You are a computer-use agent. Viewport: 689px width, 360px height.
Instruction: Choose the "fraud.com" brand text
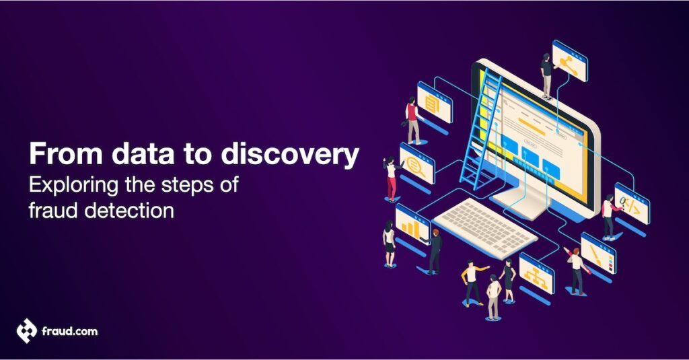point(70,332)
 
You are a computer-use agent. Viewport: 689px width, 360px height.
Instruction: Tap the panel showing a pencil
point(597,254)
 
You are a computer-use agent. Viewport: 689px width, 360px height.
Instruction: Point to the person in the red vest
point(412,121)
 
